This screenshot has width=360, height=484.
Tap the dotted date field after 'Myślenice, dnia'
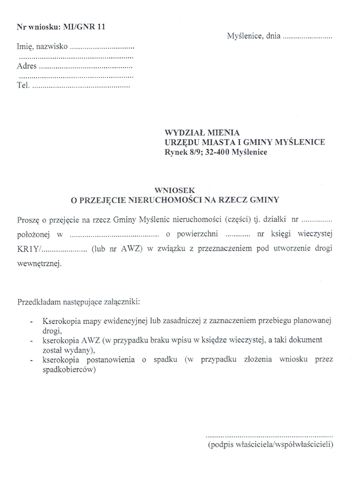[307, 38]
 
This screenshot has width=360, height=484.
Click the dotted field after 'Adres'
[86, 67]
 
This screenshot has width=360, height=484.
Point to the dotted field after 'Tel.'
[81, 86]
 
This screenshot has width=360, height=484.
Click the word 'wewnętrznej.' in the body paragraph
[40, 264]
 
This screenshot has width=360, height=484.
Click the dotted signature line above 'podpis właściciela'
[270, 435]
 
